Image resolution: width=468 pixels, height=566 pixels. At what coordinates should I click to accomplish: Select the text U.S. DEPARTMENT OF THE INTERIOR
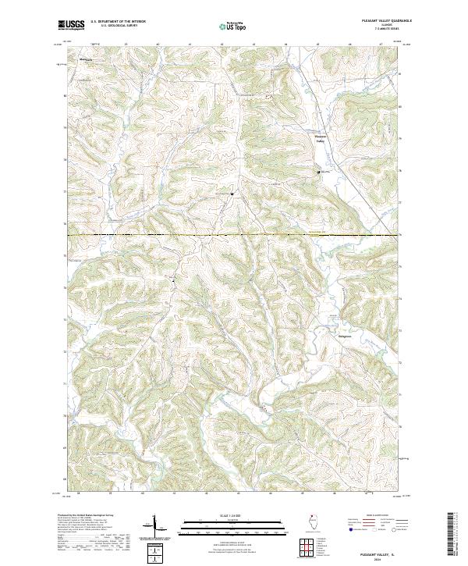(x=118, y=23)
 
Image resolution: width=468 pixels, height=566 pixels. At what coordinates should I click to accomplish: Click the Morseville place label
(x=84, y=59)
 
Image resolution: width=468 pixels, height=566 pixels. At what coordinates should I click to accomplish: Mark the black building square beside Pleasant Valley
(x=317, y=171)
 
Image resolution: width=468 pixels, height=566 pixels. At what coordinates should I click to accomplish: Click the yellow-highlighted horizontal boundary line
(x=234, y=234)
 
